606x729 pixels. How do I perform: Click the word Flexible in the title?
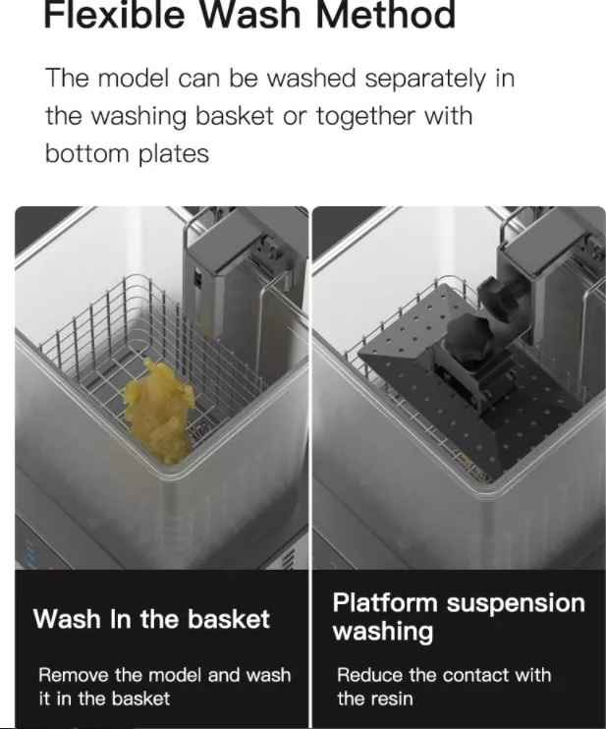114,14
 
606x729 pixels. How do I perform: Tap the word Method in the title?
385,14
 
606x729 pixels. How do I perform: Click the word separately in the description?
425,79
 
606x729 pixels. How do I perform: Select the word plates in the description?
174,154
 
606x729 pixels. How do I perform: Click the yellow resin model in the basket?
160,410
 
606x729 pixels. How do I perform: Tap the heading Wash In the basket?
151,619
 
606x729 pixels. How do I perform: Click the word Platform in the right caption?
385,603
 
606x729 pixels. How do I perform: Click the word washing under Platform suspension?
383,633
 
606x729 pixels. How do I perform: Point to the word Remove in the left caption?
74,675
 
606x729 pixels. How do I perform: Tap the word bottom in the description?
86,154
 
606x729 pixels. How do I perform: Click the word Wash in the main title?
250,14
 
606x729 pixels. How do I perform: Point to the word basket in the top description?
234,117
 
